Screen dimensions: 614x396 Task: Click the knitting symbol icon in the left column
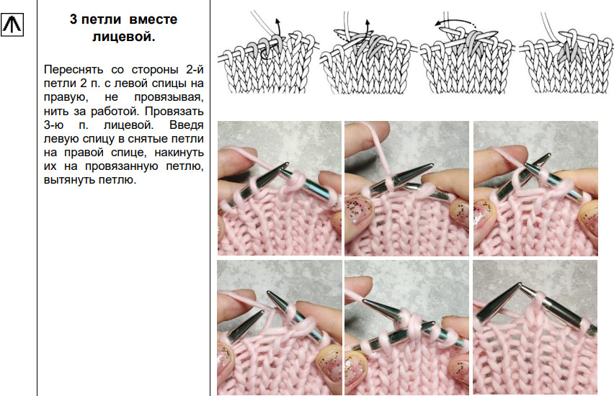tap(12, 24)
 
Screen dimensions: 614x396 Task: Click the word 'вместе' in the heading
tap(153, 19)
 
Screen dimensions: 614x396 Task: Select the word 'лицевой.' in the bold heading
tap(124, 37)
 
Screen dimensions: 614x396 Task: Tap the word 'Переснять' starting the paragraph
tap(74, 70)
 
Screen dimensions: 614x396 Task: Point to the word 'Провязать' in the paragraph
tap(174, 111)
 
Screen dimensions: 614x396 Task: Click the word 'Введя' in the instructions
tap(187, 125)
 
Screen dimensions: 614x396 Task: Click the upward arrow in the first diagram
tap(278, 27)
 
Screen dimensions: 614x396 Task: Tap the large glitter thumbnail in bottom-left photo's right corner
tap(328, 366)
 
